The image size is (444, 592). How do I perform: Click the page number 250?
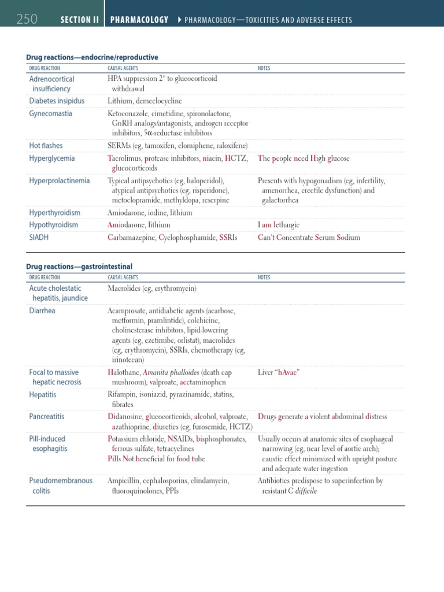point(27,20)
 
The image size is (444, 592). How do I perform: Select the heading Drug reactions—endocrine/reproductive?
point(92,58)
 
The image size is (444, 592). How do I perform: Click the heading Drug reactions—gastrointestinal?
point(79,267)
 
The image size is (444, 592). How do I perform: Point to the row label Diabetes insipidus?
point(57,101)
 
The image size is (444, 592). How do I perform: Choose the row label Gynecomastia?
point(51,113)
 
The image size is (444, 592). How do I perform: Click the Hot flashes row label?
point(46,146)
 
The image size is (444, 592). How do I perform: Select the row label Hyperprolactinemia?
point(60,180)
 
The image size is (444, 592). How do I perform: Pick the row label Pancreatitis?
point(47,416)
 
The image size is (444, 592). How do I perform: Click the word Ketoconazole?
point(128,114)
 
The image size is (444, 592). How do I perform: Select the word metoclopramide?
point(138,200)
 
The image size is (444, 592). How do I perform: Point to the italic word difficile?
point(305,491)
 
